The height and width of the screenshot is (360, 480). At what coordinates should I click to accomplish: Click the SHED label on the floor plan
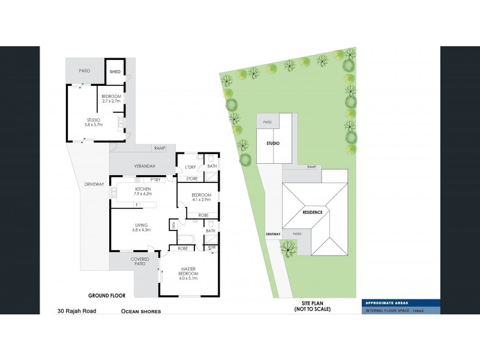[115, 72]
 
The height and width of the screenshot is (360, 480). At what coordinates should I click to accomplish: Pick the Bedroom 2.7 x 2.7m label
[111, 99]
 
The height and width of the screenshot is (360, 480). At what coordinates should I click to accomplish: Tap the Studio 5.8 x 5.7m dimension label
[93, 122]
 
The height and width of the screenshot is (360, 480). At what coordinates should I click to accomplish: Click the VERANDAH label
[145, 166]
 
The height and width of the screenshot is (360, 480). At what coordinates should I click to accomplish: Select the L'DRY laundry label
[191, 166]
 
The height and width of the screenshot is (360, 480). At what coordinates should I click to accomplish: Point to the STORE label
[192, 178]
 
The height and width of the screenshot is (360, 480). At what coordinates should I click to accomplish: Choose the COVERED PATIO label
[140, 262]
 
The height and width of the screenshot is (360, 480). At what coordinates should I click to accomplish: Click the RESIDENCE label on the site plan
[312, 212]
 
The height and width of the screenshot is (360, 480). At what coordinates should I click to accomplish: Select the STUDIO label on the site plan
[273, 143]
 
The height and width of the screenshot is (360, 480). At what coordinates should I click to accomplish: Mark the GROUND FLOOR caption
[106, 295]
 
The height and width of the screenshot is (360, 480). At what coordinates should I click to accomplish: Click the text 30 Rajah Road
[76, 311]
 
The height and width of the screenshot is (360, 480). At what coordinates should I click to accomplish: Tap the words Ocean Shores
[141, 311]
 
